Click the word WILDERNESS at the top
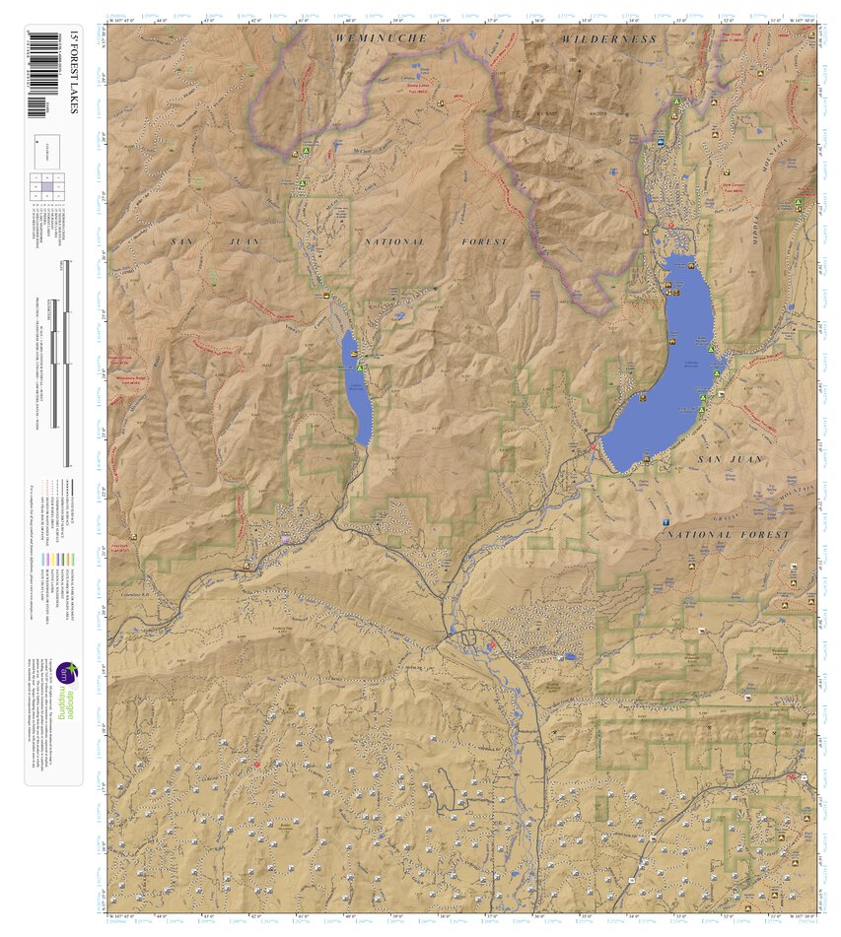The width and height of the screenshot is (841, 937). [x=608, y=38]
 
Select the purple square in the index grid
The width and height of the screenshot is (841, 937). [x=46, y=186]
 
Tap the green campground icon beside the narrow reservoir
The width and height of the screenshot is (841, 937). [x=361, y=368]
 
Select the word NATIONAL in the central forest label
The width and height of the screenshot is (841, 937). [x=395, y=241]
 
